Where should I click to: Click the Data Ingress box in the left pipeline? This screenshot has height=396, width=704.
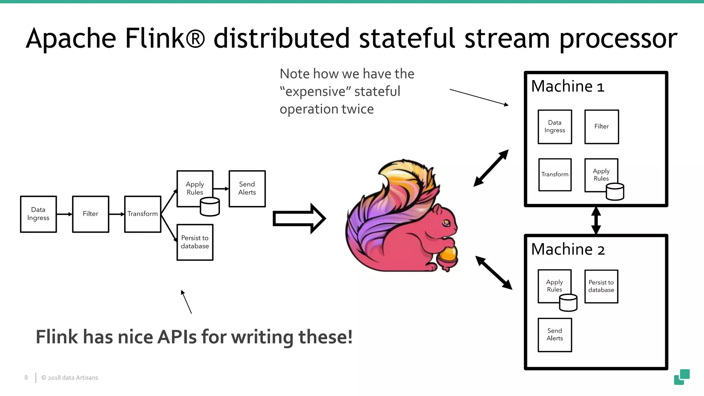pyautogui.click(x=38, y=214)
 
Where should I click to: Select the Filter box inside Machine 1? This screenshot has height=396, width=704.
pyautogui.click(x=601, y=126)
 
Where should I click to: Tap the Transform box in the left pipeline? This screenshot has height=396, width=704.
pyautogui.click(x=142, y=214)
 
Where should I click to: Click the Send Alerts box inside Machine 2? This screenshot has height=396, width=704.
pyautogui.click(x=554, y=334)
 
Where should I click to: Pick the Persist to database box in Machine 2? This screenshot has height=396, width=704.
pyautogui.click(x=601, y=286)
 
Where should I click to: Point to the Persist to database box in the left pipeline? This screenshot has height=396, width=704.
pyautogui.click(x=195, y=242)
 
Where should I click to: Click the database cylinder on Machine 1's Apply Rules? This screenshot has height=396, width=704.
pyautogui.click(x=615, y=192)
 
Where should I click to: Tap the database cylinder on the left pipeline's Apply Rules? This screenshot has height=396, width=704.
pyautogui.click(x=210, y=207)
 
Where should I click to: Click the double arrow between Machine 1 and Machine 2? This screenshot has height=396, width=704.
pyautogui.click(x=596, y=220)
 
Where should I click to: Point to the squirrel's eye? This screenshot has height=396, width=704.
pyautogui.click(x=446, y=223)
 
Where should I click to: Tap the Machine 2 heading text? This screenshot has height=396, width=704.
pyautogui.click(x=568, y=249)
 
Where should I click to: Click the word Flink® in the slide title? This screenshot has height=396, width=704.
pyautogui.click(x=165, y=38)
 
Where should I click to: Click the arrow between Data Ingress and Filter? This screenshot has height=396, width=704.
pyautogui.click(x=64, y=214)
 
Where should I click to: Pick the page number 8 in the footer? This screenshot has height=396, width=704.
pyautogui.click(x=26, y=377)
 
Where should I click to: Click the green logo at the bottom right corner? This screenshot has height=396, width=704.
pyautogui.click(x=682, y=377)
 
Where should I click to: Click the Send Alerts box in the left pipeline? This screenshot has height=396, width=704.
pyautogui.click(x=247, y=188)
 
